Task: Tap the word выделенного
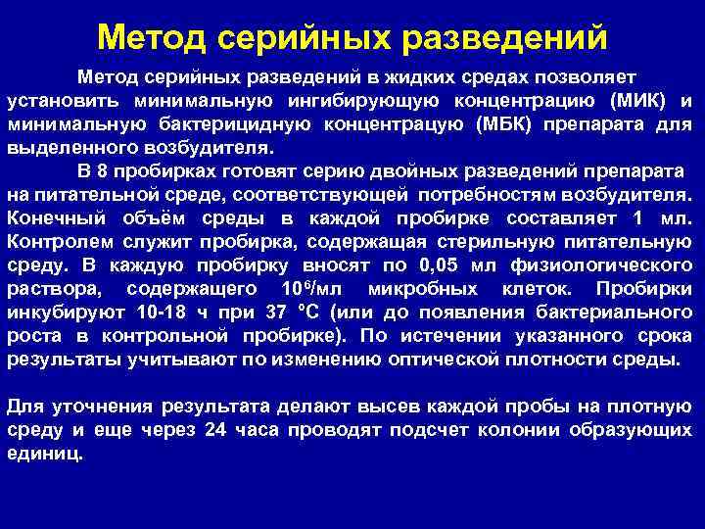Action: click(x=62, y=149)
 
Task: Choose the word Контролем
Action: click(x=60, y=241)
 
